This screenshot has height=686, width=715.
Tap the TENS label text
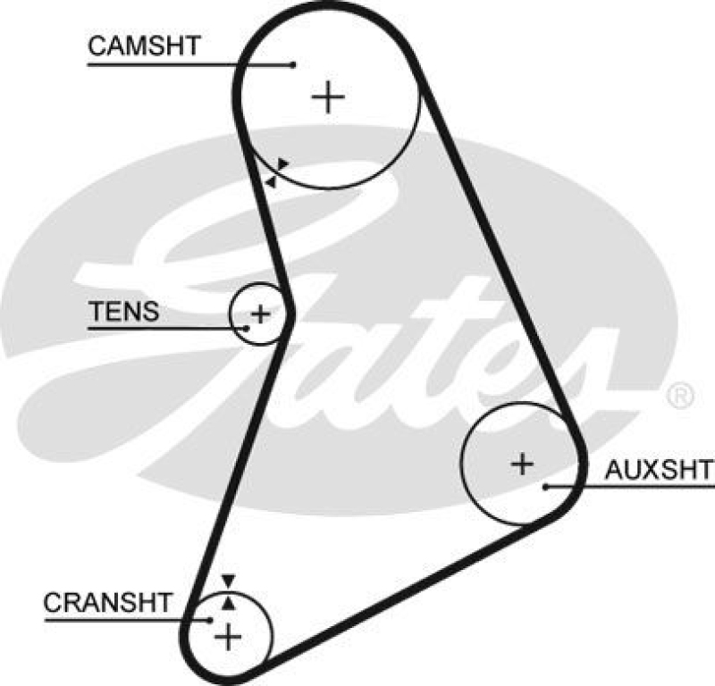pos(123,312)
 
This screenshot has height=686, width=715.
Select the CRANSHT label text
pos(106,602)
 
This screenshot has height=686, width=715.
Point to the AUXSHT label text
pos(659,470)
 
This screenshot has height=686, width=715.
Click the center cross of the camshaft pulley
pos(329,96)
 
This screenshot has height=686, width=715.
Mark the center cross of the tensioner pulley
pos(259,314)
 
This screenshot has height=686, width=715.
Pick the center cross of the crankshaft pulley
pos(230,637)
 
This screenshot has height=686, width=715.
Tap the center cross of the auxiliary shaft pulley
pos(522,463)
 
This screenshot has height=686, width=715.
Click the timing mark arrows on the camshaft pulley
pos(277,172)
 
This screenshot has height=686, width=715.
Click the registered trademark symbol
pos(680,395)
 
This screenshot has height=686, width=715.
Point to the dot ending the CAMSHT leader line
pos(293,64)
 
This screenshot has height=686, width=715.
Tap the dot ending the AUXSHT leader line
pos(545,487)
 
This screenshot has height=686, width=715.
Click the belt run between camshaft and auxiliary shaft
pos(496,259)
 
